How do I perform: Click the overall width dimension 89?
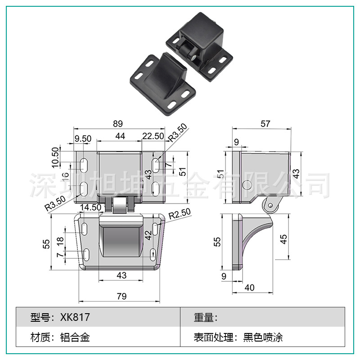pyautogui.click(x=118, y=123)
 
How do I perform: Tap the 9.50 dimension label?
pyautogui.click(x=83, y=139)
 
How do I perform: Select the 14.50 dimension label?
pyautogui.click(x=90, y=207)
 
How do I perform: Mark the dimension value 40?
pyautogui.click(x=250, y=288)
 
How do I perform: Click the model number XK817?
pyautogui.click(x=75, y=317)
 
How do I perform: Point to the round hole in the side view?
pyautogui.click(x=247, y=185)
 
